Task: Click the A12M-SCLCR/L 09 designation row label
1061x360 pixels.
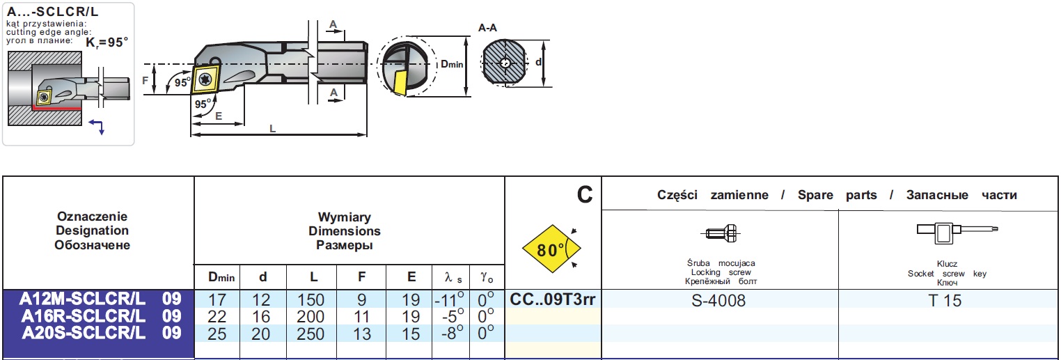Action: pos(100,299)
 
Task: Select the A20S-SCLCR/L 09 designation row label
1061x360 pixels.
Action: pos(100,334)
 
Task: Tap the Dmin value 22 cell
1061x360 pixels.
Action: pos(217,317)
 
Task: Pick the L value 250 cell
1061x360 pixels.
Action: pos(311,334)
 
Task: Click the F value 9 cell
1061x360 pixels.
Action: pos(361,300)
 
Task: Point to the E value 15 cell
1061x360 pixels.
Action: pos(411,334)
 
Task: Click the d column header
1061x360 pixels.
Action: pos(262,277)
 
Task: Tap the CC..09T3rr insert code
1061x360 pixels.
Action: pos(553,300)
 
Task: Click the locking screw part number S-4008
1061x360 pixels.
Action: pos(720,301)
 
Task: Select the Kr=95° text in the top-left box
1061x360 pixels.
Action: pos(107,42)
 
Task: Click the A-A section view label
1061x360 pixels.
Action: pos(488,28)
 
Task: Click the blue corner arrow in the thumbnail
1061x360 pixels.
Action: pos(98,125)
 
